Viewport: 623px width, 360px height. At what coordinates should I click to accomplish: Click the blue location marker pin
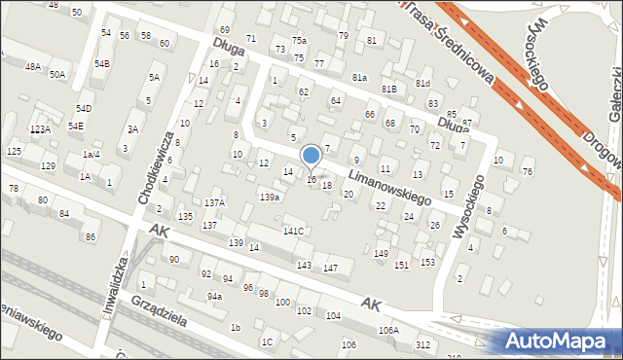pyautogui.click(x=311, y=156)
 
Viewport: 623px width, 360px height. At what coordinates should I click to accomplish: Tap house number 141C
pyautogui.click(x=293, y=231)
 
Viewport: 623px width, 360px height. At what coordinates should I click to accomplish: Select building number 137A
pyautogui.click(x=214, y=202)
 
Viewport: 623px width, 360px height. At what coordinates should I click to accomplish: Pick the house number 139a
pyautogui.click(x=270, y=197)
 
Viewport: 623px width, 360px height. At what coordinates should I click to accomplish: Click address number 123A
pyautogui.click(x=40, y=129)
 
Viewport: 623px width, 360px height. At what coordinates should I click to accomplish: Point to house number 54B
pyautogui.click(x=102, y=63)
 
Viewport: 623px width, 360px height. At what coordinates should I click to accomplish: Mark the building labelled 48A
pyautogui.click(x=33, y=67)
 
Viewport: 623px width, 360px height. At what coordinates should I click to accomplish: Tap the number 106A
pyautogui.click(x=388, y=330)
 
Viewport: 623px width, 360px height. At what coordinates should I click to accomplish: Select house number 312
pyautogui.click(x=422, y=345)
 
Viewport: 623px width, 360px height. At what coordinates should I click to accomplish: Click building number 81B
pyautogui.click(x=388, y=89)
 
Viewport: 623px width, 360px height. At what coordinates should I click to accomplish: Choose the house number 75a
pyautogui.click(x=299, y=41)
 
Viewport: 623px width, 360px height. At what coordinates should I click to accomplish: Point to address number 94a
pyautogui.click(x=214, y=296)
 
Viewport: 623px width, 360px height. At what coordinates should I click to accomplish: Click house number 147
pyautogui.click(x=330, y=268)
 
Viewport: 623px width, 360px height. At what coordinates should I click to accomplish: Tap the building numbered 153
pyautogui.click(x=427, y=263)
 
